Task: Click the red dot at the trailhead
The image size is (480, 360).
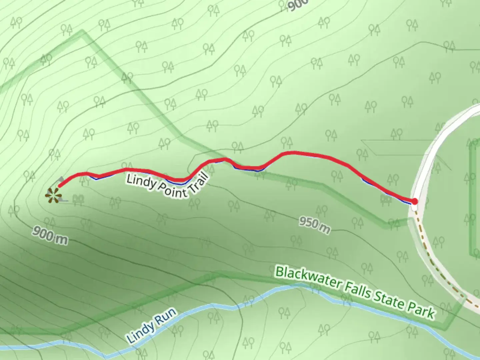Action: [x=414, y=201]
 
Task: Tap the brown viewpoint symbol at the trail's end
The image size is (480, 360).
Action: [x=53, y=195]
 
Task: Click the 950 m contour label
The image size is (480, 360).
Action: [x=314, y=225]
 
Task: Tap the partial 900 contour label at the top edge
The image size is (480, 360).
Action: [x=297, y=5]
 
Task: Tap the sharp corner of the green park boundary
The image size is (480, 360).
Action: [x=82, y=32]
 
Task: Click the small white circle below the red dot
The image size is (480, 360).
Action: [x=414, y=208]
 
